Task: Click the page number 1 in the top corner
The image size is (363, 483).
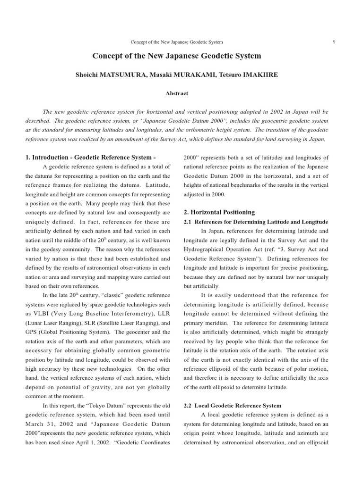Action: (334, 42)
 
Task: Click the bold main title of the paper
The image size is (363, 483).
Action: (177, 56)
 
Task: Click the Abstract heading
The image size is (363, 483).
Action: (177, 93)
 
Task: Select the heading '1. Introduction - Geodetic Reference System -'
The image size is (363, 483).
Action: (90, 157)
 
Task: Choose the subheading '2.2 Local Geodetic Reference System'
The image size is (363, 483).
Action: (232, 406)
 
